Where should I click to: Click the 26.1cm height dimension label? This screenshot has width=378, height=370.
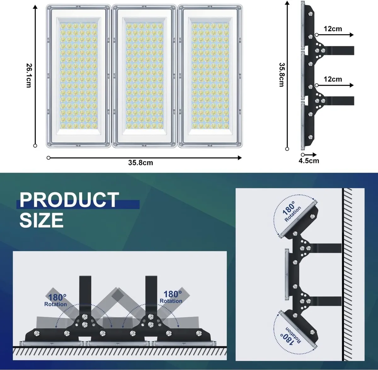tap(29, 75)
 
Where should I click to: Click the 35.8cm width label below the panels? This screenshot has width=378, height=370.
tap(140, 163)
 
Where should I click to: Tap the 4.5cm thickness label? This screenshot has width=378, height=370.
tap(309, 161)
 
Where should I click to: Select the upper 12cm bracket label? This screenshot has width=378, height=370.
tap(333, 29)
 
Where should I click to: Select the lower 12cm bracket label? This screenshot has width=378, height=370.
tap(333, 79)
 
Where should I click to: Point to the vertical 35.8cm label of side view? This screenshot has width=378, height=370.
tap(282, 75)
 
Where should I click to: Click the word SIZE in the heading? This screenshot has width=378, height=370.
tap(42, 220)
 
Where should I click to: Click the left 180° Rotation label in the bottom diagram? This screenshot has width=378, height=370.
tap(56, 300)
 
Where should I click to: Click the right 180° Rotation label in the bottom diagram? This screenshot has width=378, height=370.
tap(172, 297)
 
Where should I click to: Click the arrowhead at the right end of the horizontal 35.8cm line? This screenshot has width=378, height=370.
tap(240, 158)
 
